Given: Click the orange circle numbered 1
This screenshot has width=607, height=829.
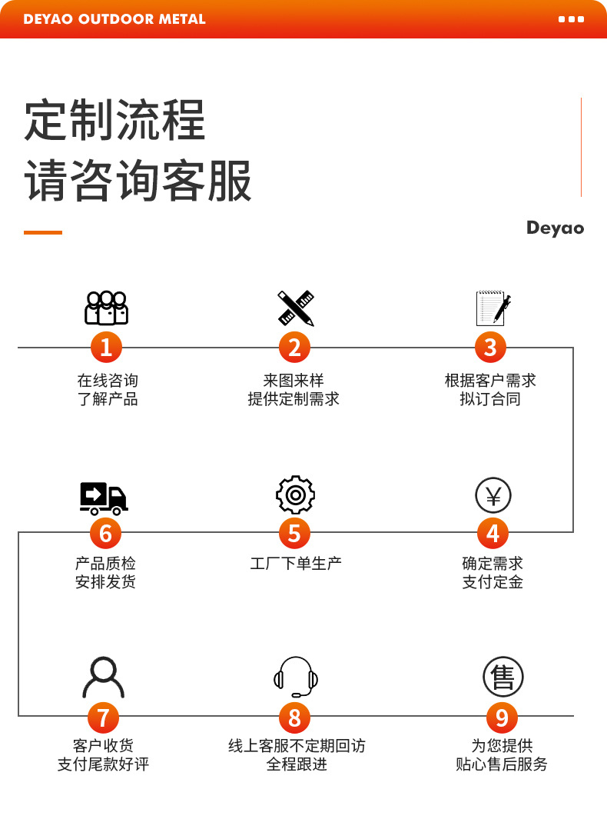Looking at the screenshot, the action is pyautogui.click(x=106, y=348).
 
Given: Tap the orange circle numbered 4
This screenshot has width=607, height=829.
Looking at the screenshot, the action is pyautogui.click(x=493, y=532).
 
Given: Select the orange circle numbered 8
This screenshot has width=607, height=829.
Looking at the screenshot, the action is pyautogui.click(x=294, y=717).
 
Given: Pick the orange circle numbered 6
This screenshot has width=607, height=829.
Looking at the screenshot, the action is pyautogui.click(x=106, y=532).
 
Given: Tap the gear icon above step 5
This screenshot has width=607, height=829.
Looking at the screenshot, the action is pyautogui.click(x=295, y=495).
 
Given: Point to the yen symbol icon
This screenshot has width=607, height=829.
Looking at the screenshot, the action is pyautogui.click(x=493, y=495).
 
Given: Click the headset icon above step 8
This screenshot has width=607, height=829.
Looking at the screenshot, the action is pyautogui.click(x=296, y=677).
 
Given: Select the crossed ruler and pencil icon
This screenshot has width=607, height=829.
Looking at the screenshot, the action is pyautogui.click(x=296, y=308).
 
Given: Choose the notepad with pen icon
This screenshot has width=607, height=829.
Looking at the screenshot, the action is pyautogui.click(x=493, y=308).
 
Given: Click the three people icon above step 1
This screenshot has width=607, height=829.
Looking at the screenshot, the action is pyautogui.click(x=106, y=308).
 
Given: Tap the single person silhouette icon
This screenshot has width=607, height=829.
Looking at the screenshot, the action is pyautogui.click(x=104, y=677).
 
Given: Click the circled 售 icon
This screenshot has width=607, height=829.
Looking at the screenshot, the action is pyautogui.click(x=503, y=678).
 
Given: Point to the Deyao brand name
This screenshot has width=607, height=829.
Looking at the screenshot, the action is pyautogui.click(x=555, y=228).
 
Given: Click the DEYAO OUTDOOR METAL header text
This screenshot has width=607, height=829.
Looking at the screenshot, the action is pyautogui.click(x=114, y=19).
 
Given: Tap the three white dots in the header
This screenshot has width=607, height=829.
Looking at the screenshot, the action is pyautogui.click(x=571, y=19).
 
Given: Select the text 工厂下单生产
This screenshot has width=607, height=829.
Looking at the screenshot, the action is pyautogui.click(x=296, y=564).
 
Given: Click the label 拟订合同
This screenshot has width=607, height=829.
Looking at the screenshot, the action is pyautogui.click(x=490, y=399).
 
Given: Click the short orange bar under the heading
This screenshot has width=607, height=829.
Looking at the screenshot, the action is pyautogui.click(x=43, y=232).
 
